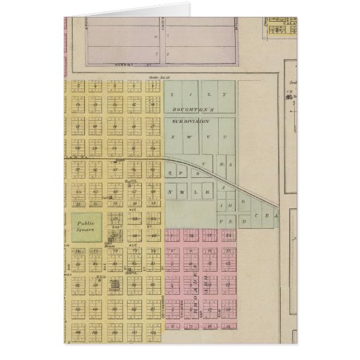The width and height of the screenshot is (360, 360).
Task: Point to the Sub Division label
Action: [190, 120]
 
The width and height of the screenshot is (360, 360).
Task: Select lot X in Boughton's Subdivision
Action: [175, 137]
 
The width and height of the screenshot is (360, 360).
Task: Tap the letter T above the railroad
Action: [203, 164]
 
